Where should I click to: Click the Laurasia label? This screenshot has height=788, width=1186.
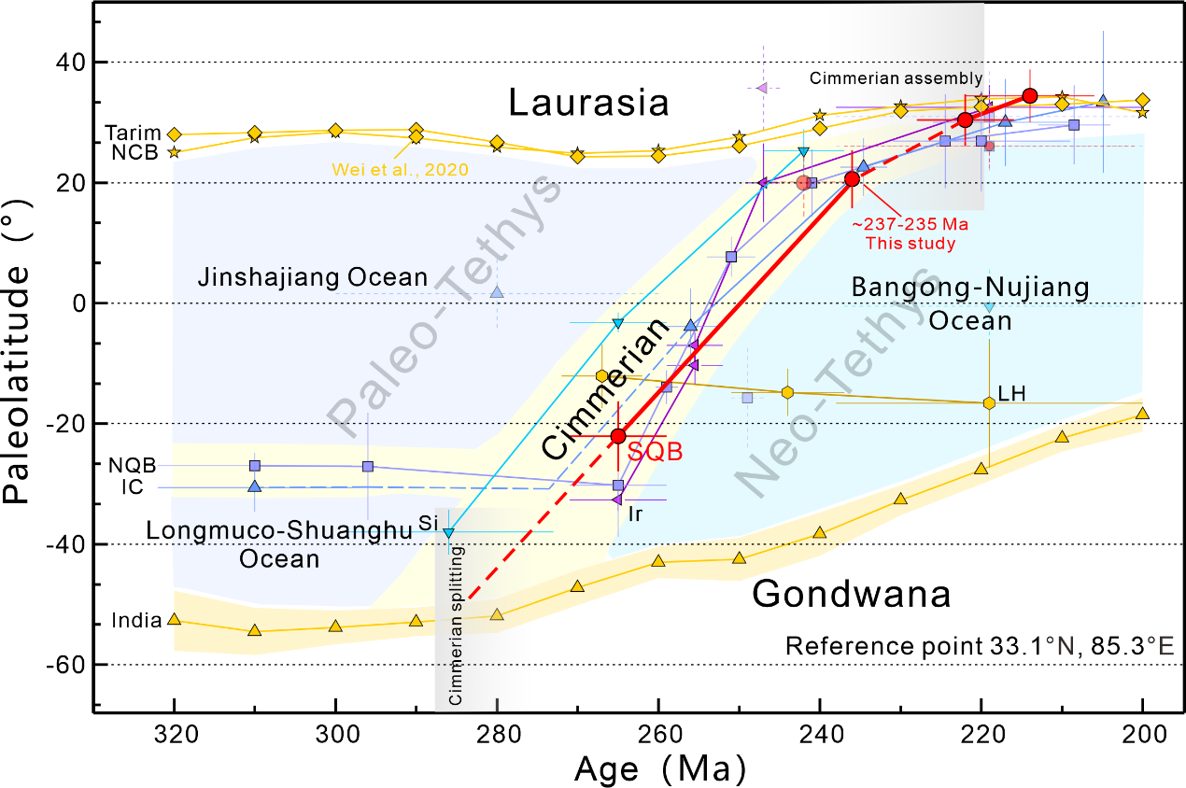click(x=588, y=103)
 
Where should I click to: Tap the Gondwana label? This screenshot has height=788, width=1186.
click(x=852, y=593)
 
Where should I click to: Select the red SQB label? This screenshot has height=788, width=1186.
click(x=655, y=450)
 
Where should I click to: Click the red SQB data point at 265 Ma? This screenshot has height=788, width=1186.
click(x=618, y=436)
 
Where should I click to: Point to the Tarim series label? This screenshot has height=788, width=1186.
click(x=133, y=134)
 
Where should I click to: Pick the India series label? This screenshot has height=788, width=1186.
click(x=134, y=620)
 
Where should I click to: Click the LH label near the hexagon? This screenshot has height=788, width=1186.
click(x=1011, y=393)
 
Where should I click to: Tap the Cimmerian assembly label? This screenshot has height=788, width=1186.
click(x=896, y=78)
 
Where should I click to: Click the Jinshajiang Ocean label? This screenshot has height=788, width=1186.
click(x=313, y=277)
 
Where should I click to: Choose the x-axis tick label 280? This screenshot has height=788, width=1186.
click(x=497, y=732)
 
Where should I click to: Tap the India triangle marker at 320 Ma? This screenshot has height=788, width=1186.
click(x=174, y=619)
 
